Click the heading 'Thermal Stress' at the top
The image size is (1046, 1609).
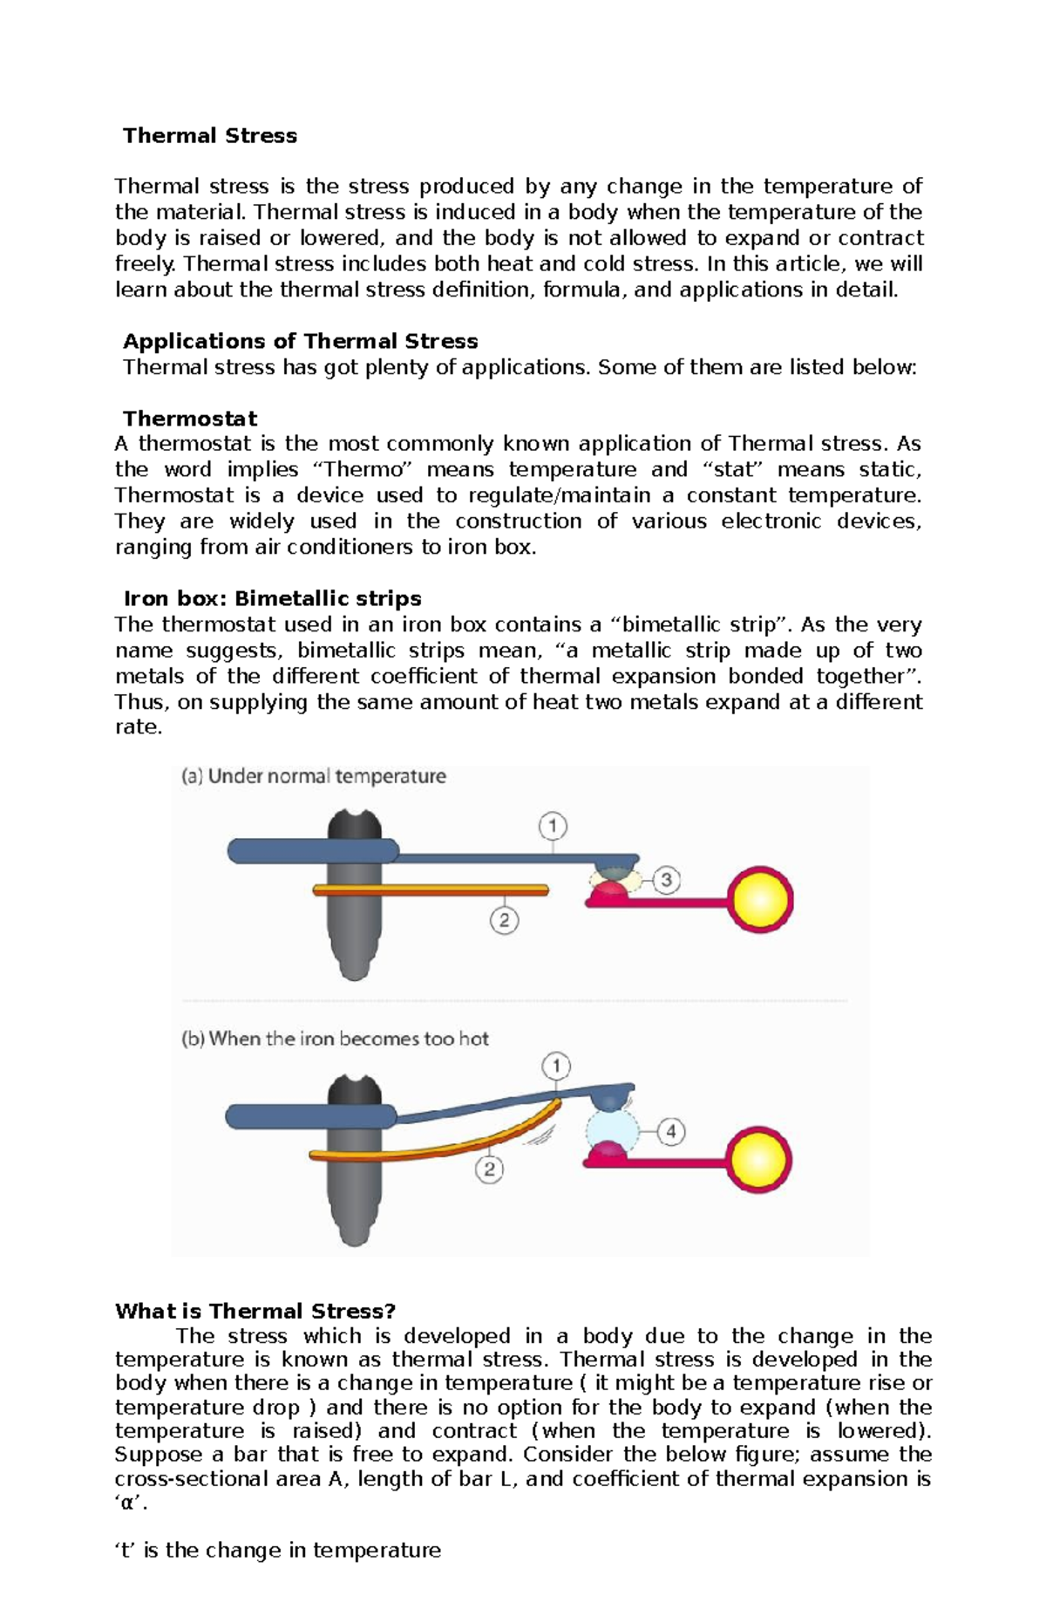click(209, 135)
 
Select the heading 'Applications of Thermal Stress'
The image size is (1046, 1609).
click(300, 341)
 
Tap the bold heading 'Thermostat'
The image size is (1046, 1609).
click(189, 419)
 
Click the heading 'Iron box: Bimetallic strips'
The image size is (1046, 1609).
click(272, 598)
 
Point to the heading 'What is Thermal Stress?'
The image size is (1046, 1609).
click(255, 1311)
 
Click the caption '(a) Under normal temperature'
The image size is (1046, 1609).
click(313, 776)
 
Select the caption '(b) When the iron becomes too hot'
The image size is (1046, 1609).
click(335, 1039)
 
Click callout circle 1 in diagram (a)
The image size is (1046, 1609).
click(553, 825)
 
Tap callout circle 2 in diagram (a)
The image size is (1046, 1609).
click(504, 920)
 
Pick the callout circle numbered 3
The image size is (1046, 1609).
click(666, 880)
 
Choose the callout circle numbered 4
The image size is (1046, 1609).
click(670, 1132)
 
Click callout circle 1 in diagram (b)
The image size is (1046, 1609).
click(556, 1066)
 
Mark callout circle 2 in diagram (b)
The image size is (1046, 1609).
click(490, 1169)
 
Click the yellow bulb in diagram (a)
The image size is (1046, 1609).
click(761, 899)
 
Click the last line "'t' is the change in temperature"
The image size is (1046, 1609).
click(277, 1550)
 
